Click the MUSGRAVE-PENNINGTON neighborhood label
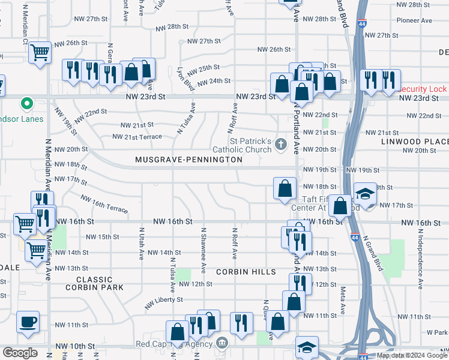click(188, 160)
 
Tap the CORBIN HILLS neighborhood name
click(246, 272)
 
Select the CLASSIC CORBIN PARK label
click(98, 284)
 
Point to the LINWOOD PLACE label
click(415, 142)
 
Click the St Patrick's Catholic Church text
click(246, 144)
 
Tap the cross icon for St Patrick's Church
click(280, 144)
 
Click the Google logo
click(20, 352)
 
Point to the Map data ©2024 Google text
click(411, 355)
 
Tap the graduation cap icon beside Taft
click(364, 193)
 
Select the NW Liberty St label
click(161, 302)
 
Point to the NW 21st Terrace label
click(137, 137)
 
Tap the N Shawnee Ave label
click(203, 247)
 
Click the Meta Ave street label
click(343, 299)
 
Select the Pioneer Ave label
click(414, 20)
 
